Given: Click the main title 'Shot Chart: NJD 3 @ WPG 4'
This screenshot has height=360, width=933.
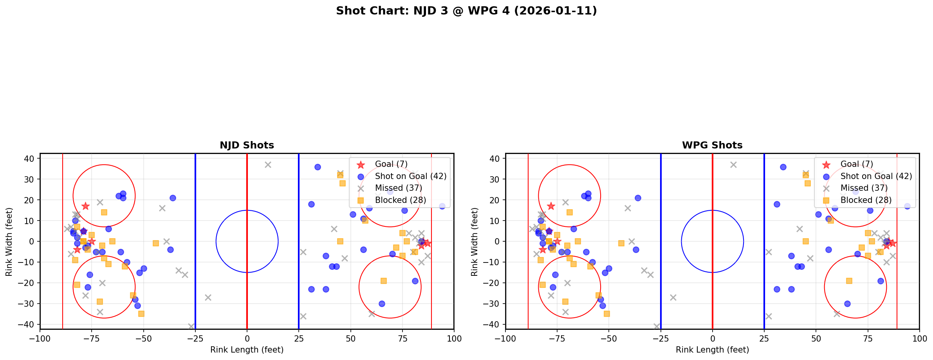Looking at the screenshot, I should [466, 11].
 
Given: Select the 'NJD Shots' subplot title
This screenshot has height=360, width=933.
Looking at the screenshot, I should [247, 145].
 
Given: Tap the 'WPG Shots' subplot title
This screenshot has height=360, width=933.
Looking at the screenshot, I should [712, 145].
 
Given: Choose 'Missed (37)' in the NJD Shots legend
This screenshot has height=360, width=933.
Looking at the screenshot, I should [398, 188].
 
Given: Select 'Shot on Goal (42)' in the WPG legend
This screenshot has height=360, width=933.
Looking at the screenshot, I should [876, 176].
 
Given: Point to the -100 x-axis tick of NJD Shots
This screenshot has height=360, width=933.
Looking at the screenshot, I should [40, 338].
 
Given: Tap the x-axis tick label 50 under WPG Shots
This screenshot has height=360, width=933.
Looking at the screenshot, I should [816, 338].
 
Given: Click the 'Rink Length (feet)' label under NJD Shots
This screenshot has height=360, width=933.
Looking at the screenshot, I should [247, 350].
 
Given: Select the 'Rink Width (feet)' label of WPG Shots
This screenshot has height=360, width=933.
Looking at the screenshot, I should [475, 242].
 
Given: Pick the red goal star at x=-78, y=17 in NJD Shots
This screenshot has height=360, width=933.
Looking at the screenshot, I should [85, 206].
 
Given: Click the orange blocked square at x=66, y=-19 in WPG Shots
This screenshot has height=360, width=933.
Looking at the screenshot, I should [849, 281].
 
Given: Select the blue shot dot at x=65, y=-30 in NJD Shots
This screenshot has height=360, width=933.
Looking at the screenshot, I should [382, 304].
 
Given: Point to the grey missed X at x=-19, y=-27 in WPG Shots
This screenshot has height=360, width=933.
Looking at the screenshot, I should [673, 297].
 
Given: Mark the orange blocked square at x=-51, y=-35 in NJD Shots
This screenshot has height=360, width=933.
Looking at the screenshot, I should [141, 314].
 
